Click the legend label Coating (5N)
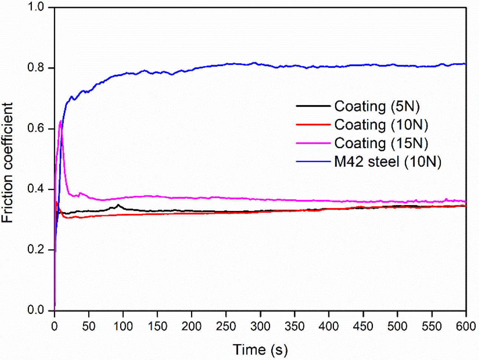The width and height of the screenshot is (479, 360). coord(377,107)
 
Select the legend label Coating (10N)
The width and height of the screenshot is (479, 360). coord(381,125)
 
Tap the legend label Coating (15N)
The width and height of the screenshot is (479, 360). coord(381,143)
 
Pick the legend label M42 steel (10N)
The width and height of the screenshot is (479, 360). coord(388,161)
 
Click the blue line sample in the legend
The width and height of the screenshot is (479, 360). coord(313,161)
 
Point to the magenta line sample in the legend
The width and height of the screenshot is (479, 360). coord(313,143)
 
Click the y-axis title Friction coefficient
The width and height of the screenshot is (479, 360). coord(7,163)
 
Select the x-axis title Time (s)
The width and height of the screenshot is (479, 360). coord(260,350)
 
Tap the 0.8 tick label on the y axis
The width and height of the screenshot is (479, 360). coord(36,68)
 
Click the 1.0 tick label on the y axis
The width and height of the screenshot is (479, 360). coord(36,7)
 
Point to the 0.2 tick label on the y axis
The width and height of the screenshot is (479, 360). coord(36,250)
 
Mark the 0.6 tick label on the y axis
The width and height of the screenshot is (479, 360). coord(36,129)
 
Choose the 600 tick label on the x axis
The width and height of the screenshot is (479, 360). coord(466,326)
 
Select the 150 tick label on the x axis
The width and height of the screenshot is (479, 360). coord(157,326)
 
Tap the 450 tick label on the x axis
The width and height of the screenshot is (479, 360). coord(363,326)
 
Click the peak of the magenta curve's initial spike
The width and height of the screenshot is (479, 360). coord(60,121)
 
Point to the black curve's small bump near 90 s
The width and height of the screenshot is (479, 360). coord(118,205)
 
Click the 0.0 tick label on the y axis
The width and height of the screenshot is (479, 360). coord(36,310)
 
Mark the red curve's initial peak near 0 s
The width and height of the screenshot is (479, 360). coord(56,202)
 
